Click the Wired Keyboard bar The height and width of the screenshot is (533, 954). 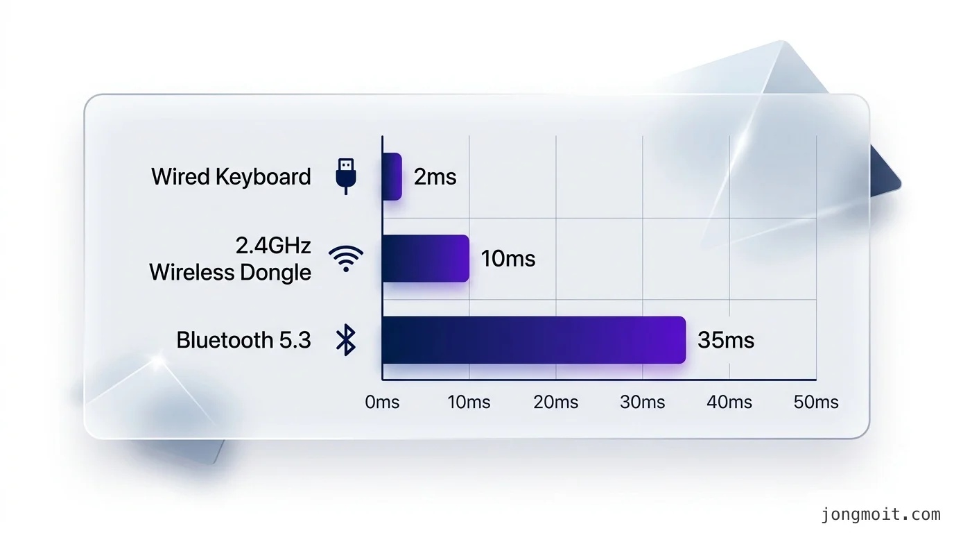click(x=392, y=176)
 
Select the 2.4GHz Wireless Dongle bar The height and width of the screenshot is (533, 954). click(x=426, y=258)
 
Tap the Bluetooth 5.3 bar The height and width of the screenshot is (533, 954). click(x=534, y=340)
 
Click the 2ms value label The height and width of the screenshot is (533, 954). click(x=435, y=176)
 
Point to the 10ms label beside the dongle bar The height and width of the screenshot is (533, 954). click(x=508, y=258)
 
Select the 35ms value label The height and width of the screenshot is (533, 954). click(x=726, y=340)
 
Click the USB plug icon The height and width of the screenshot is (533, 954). click(x=346, y=176)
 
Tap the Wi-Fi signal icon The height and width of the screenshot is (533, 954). click(x=346, y=258)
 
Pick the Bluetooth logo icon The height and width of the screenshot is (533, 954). click(x=346, y=340)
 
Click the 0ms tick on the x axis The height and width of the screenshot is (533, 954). click(x=382, y=402)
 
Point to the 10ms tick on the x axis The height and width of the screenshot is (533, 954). click(x=469, y=402)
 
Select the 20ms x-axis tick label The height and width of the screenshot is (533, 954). click(x=556, y=402)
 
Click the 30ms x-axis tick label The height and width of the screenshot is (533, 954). click(x=642, y=402)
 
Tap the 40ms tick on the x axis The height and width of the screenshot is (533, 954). click(x=729, y=402)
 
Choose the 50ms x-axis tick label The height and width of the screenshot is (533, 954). click(x=816, y=402)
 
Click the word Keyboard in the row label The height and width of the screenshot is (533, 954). click(x=263, y=176)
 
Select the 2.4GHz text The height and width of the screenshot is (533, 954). click(x=273, y=246)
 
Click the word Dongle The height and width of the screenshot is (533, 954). click(x=275, y=273)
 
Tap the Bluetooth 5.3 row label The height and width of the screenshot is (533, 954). click(x=243, y=340)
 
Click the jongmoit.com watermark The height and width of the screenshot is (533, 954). click(x=881, y=515)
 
